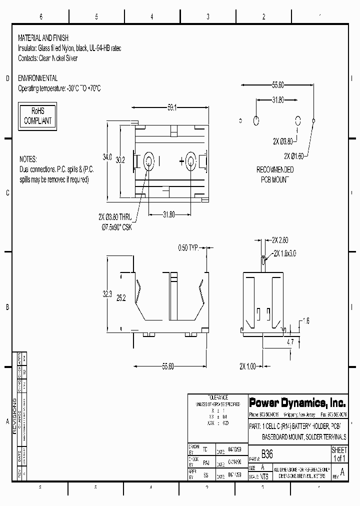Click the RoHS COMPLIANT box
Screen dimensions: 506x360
38,116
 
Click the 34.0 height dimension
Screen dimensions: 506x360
107,157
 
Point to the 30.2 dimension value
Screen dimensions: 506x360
120,160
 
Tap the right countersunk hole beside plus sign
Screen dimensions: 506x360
191,161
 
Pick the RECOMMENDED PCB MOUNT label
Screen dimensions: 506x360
275,174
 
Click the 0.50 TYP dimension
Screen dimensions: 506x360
189,247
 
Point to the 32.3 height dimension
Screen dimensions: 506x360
107,295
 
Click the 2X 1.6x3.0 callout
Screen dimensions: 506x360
284,253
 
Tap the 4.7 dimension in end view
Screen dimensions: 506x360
290,342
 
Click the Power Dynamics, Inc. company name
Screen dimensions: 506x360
297,402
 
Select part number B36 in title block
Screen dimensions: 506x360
267,454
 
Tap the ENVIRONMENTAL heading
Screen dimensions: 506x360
37,78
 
